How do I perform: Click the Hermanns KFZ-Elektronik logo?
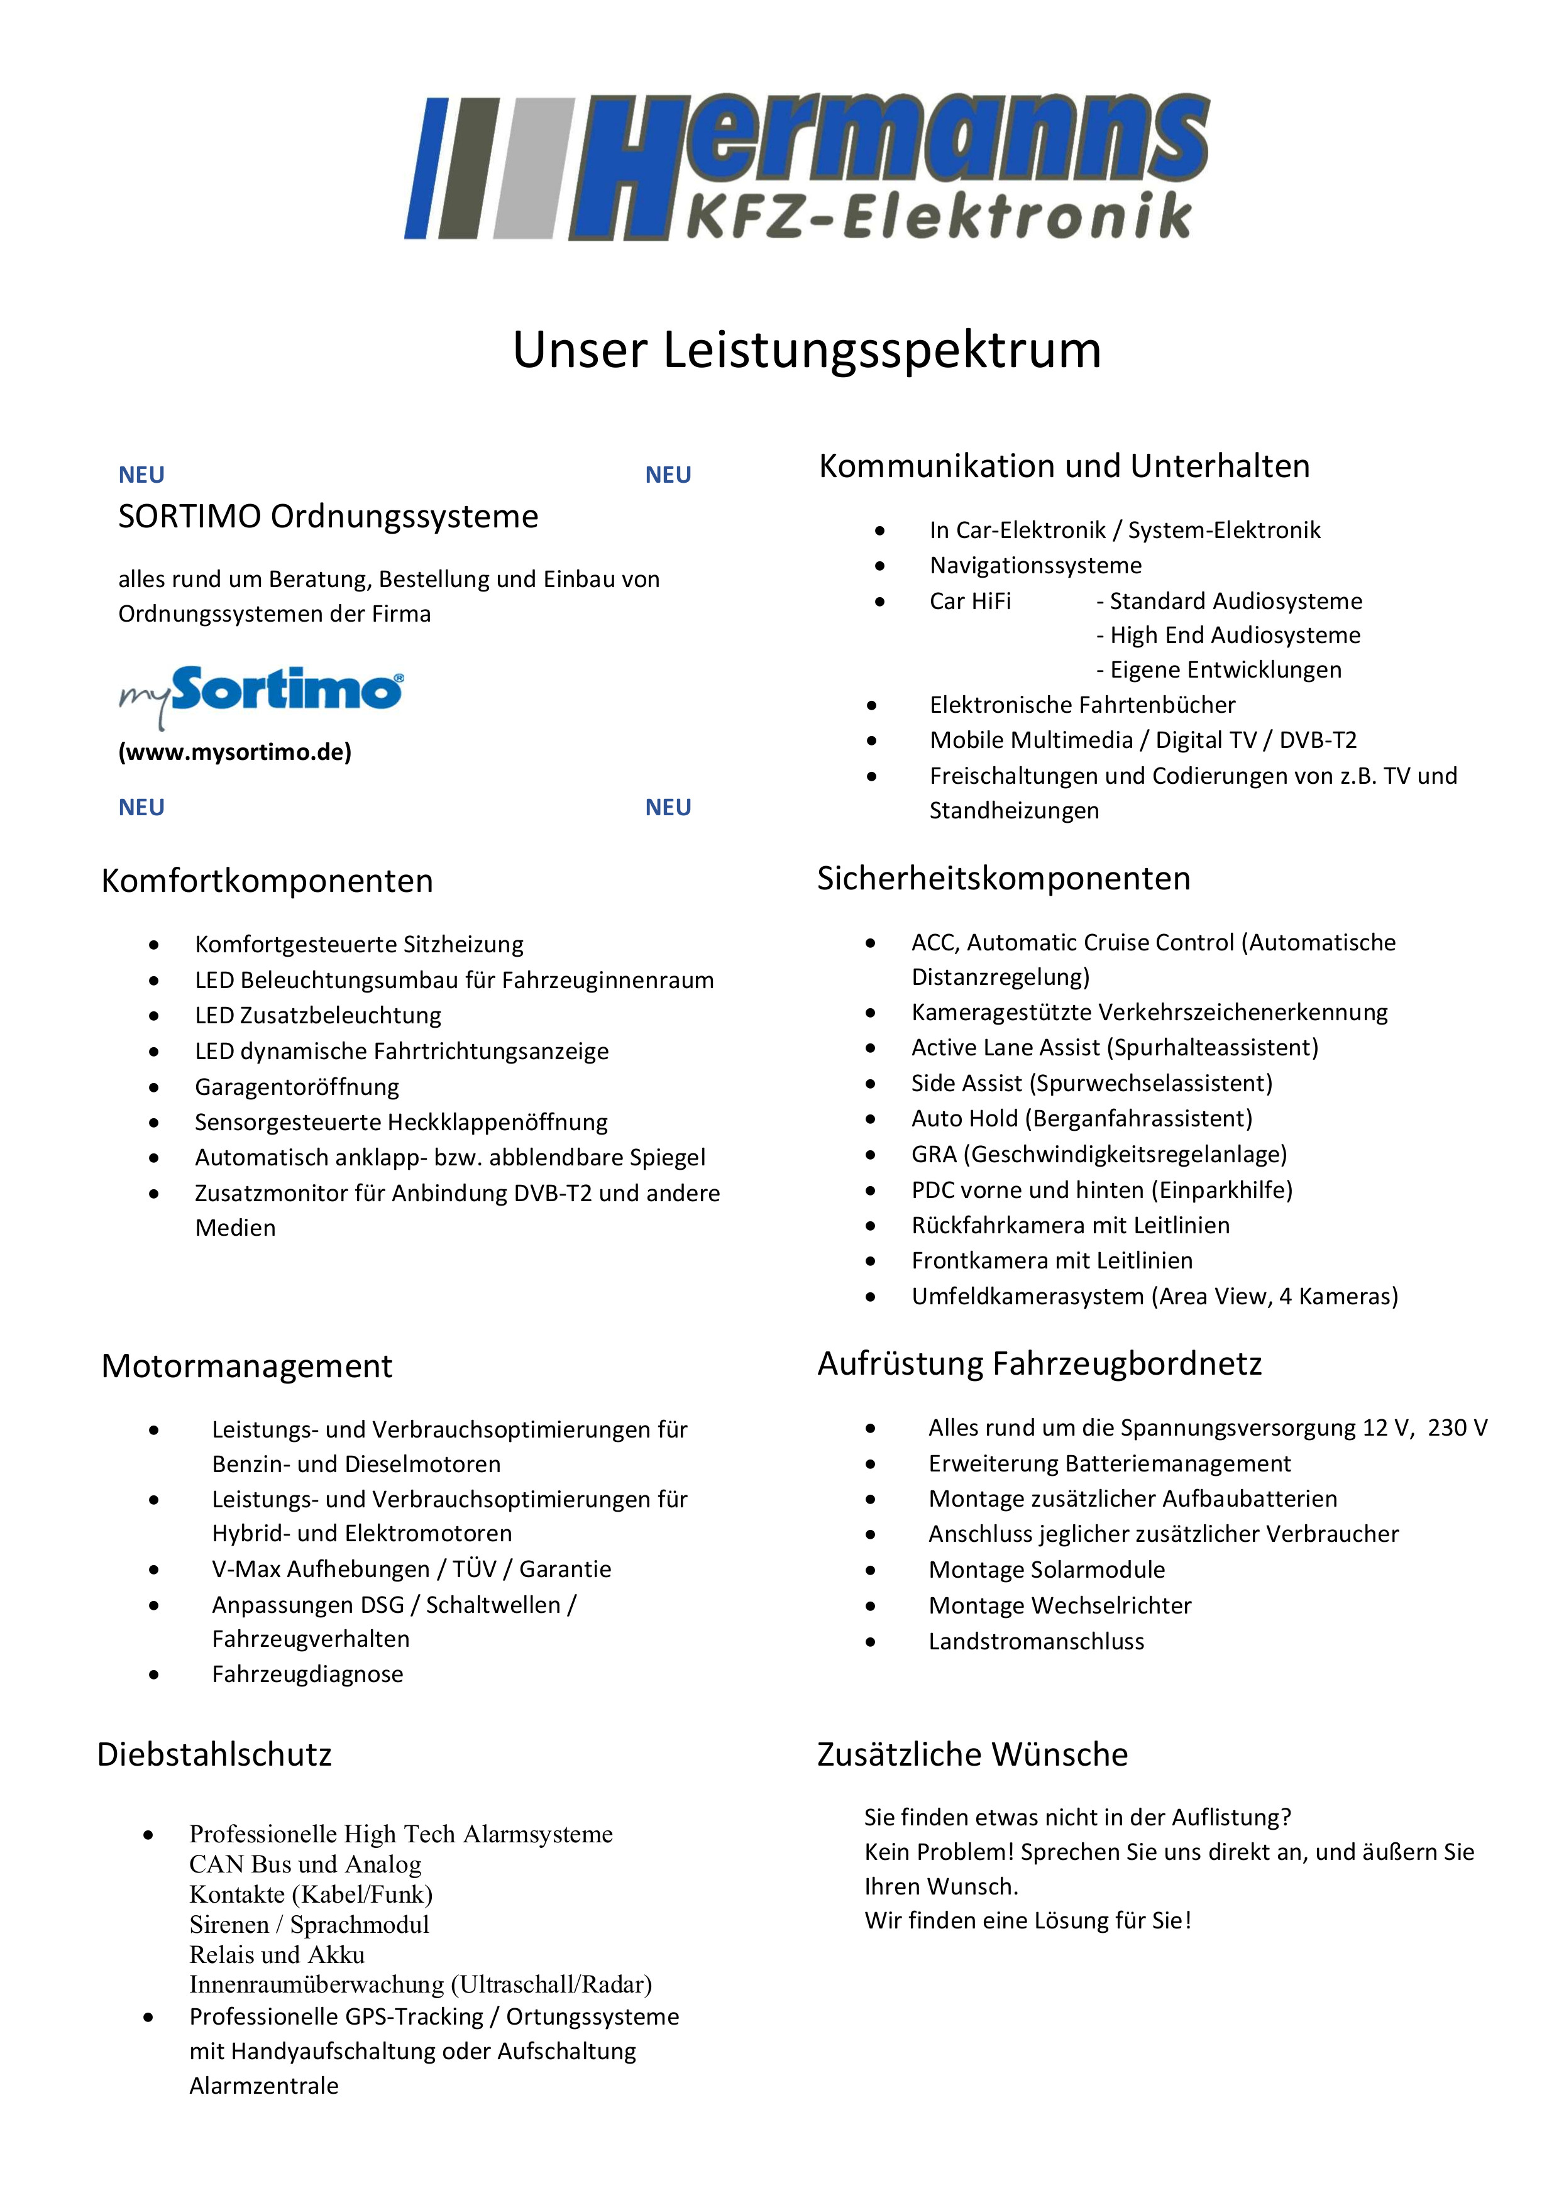click(x=807, y=168)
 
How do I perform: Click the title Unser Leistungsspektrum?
click(x=807, y=349)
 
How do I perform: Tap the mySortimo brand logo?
click(x=262, y=693)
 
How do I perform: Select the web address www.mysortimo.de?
click(x=235, y=752)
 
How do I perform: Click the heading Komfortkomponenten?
click(x=267, y=881)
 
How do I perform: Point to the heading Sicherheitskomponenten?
click(x=1004, y=877)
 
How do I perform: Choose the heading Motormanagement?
click(x=247, y=1366)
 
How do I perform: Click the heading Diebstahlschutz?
click(x=214, y=1754)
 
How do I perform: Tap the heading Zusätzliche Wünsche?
click(x=972, y=1754)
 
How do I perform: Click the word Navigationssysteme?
click(x=1035, y=566)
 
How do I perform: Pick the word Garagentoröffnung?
click(x=297, y=1087)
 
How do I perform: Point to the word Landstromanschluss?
click(x=1037, y=1641)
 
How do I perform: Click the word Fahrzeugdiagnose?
click(x=307, y=1674)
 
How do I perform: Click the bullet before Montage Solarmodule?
click(x=870, y=1570)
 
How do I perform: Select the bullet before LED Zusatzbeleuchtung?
click(x=153, y=1016)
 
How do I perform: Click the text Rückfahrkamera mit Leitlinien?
click(x=1070, y=1226)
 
